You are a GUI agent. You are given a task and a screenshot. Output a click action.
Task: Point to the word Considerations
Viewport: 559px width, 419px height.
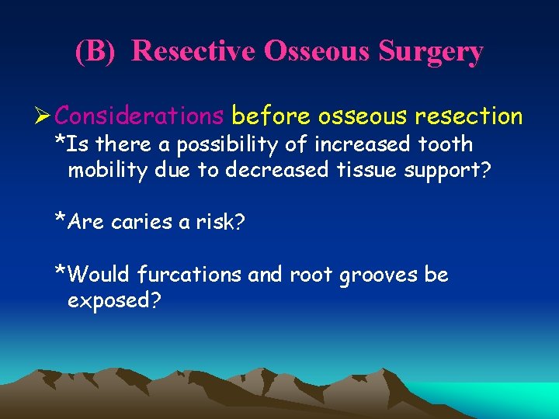pos(140,116)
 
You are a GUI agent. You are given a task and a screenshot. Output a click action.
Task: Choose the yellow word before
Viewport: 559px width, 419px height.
pos(269,116)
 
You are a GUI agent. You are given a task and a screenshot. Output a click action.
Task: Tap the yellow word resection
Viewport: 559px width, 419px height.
pos(468,116)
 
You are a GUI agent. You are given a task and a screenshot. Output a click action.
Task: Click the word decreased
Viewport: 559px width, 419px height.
pos(276,170)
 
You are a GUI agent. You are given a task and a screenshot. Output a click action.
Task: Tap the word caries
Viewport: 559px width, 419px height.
pos(140,222)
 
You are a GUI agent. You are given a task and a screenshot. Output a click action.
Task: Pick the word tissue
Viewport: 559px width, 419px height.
pos(360,170)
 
